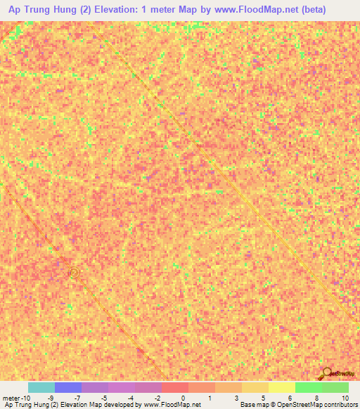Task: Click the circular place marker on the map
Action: (x=74, y=272)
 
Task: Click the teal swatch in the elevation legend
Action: (x=41, y=387)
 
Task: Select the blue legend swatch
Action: (x=67, y=387)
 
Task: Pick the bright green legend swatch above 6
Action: (x=308, y=387)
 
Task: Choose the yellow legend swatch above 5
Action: (x=281, y=387)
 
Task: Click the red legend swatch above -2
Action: (x=174, y=387)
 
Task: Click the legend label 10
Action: (x=345, y=397)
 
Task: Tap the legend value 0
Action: (x=182, y=397)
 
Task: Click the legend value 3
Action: (x=236, y=397)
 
